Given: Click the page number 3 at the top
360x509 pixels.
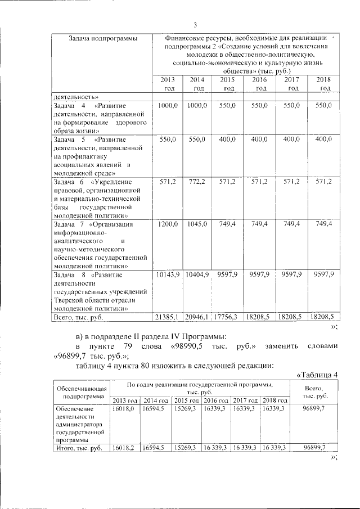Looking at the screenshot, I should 195,24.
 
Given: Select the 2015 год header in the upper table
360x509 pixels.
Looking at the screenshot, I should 228,84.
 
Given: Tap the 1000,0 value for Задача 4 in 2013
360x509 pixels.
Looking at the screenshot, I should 168,106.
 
